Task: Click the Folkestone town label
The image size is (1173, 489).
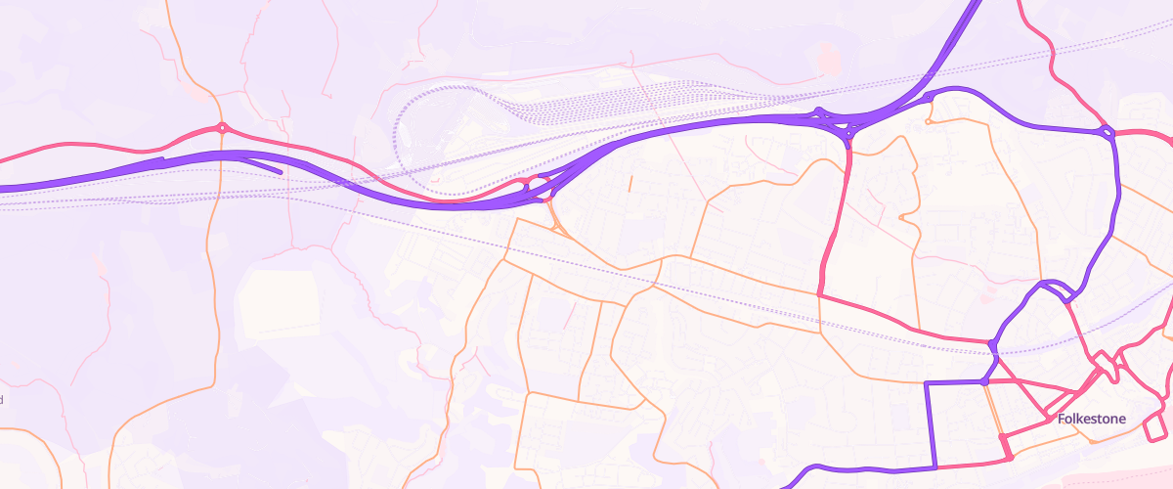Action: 1092,420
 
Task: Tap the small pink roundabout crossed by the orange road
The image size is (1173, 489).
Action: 223,127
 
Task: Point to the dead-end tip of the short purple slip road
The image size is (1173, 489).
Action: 281,172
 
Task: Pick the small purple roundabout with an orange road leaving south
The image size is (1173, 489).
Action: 927,99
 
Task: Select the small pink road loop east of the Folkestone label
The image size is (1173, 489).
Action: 1155,427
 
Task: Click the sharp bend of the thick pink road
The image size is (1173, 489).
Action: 818,292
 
